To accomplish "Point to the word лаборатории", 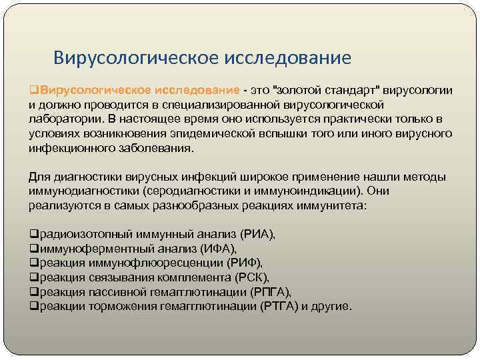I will click(x=63, y=119).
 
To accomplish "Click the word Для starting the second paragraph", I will click(x=39, y=177).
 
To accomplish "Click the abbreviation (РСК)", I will click(x=249, y=278).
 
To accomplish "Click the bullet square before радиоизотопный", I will click(x=33, y=235).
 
